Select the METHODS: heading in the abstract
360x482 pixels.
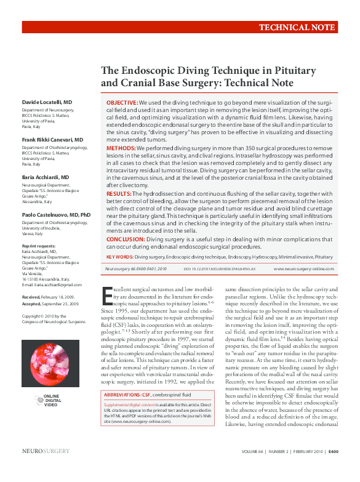(x=121, y=148)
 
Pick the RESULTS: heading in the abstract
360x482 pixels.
(x=119, y=193)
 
